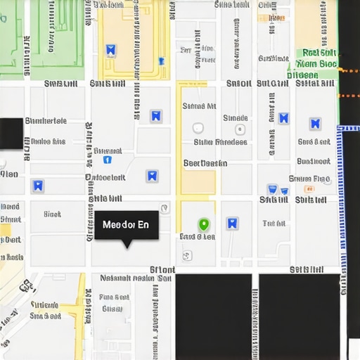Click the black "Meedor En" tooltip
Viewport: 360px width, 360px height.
[x=126, y=225]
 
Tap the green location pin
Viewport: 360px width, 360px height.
[x=204, y=225]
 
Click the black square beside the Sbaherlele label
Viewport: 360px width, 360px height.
[x=11, y=134]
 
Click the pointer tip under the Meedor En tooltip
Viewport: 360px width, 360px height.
[x=127, y=246]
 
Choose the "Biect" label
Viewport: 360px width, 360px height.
[x=52, y=214]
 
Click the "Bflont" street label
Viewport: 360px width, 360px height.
[x=162, y=269]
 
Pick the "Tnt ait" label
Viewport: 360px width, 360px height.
[x=274, y=224]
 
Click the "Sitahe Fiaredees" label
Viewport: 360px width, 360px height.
[x=220, y=142]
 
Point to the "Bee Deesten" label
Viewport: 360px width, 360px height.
[x=205, y=163]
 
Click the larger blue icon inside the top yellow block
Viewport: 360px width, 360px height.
[x=110, y=50]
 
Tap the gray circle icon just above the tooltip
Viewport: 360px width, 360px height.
[x=165, y=208]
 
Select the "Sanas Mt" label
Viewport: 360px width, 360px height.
[x=199, y=107]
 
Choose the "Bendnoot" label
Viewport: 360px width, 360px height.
[x=105, y=178]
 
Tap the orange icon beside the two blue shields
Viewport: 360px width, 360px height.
[x=308, y=188]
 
